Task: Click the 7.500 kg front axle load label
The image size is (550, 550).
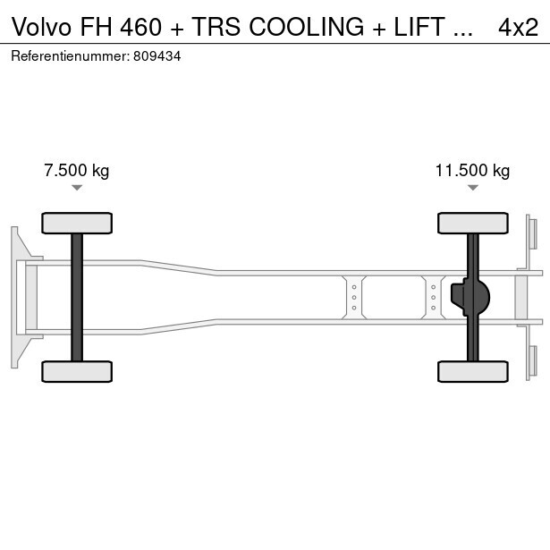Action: pos(77,171)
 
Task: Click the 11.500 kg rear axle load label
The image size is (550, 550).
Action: pos(472,171)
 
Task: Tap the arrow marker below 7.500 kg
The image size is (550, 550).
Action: pos(77,187)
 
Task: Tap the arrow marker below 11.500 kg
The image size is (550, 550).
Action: pos(472,187)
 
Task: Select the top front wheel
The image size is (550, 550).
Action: pos(77,223)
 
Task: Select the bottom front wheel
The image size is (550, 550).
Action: pos(77,371)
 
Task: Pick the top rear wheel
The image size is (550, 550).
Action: pos(472,223)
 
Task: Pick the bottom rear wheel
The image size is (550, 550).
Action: pos(472,371)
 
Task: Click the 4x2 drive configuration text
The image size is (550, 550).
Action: pos(518,28)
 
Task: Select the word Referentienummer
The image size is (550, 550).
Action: pos(71,55)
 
